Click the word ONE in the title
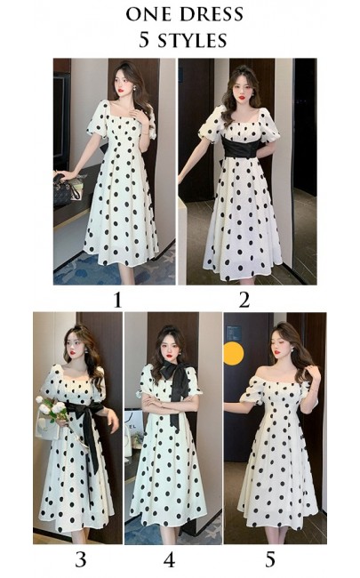point(148,15)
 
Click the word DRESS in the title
point(204,15)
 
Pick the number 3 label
point(81,560)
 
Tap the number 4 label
point(169,560)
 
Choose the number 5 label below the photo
point(270,560)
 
